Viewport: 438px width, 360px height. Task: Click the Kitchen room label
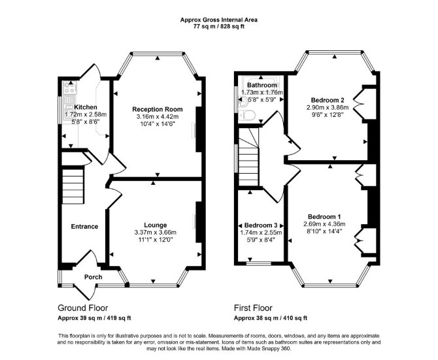(86, 107)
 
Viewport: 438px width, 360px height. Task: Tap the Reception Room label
(158, 109)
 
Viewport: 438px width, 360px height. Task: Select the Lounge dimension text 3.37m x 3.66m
(156, 232)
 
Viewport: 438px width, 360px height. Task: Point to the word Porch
(93, 277)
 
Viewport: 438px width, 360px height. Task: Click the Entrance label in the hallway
(84, 227)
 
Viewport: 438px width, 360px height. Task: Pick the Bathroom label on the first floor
(262, 85)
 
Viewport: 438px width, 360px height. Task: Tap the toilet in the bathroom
(247, 115)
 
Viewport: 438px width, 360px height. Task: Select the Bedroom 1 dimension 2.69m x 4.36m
(324, 224)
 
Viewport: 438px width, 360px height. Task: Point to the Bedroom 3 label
(261, 225)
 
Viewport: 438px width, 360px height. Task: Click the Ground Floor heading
(82, 308)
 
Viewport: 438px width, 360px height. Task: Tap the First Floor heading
(253, 308)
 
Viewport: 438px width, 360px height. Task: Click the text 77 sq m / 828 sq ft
(219, 27)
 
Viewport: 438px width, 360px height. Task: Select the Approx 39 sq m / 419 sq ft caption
(94, 318)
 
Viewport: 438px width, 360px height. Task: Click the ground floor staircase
(73, 186)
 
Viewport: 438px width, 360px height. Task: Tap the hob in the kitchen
(70, 88)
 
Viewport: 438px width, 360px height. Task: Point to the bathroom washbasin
(243, 103)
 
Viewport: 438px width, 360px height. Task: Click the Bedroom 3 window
(259, 263)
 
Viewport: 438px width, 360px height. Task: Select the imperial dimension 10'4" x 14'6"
(158, 124)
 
